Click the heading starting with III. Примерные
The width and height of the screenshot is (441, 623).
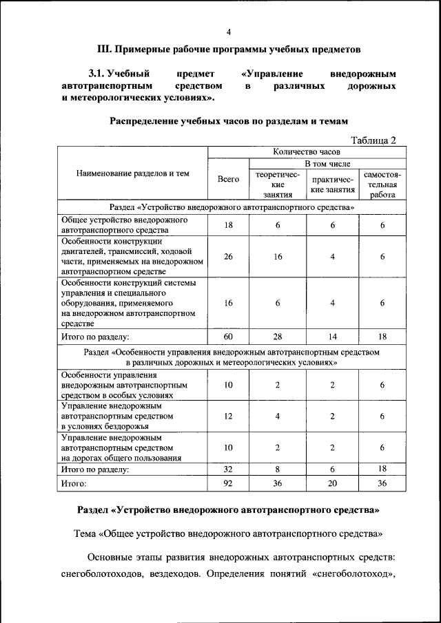(228, 50)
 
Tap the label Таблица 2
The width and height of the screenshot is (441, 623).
(373, 140)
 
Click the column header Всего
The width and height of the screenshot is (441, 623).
(228, 178)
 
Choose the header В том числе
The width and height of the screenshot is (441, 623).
(328, 164)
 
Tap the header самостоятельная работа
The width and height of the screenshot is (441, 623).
(382, 184)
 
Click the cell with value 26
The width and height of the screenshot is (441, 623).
(228, 256)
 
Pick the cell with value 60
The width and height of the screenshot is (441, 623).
(228, 337)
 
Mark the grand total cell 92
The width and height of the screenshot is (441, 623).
(228, 485)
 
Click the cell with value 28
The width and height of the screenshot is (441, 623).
(278, 337)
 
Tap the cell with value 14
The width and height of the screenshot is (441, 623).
(333, 337)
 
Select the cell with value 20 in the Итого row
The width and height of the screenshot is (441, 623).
(333, 485)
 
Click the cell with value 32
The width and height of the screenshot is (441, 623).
(228, 469)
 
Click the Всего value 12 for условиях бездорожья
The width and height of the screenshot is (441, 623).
(228, 416)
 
